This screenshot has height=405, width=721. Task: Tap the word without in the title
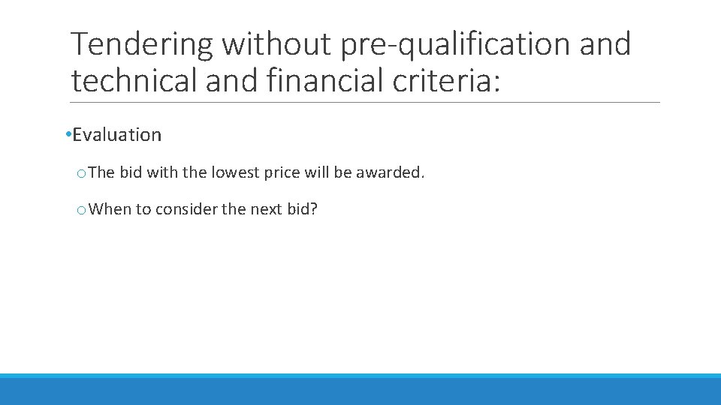point(276,45)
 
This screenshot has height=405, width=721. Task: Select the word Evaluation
point(117,135)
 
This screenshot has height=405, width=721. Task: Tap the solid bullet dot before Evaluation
point(68,135)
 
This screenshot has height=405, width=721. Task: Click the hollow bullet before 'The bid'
point(80,173)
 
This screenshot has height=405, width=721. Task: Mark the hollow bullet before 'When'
point(80,210)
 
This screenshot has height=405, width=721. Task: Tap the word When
point(110,209)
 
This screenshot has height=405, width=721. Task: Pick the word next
point(266,209)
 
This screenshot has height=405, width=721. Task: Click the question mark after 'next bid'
point(314,209)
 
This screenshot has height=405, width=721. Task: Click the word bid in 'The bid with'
point(130,172)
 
